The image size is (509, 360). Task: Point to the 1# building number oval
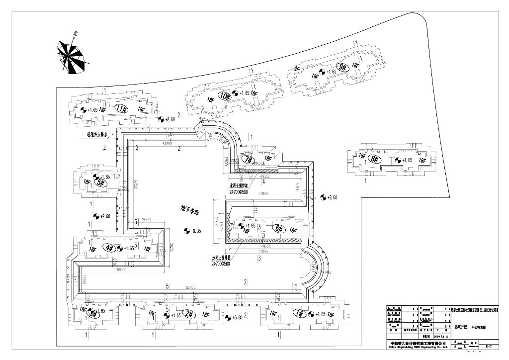coord(299,313)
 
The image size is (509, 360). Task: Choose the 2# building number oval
coord(188,313)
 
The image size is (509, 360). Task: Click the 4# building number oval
coord(110,247)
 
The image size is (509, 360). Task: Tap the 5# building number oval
coord(101,182)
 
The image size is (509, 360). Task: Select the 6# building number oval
coord(278,229)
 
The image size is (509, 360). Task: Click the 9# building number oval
coord(342,66)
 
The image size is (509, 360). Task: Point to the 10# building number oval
coord(225,95)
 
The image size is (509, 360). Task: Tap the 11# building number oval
coord(121,108)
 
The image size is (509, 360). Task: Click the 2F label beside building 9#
coord(297,69)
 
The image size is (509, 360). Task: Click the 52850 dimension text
coord(167,144)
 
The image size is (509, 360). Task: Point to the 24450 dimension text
coord(146,219)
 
